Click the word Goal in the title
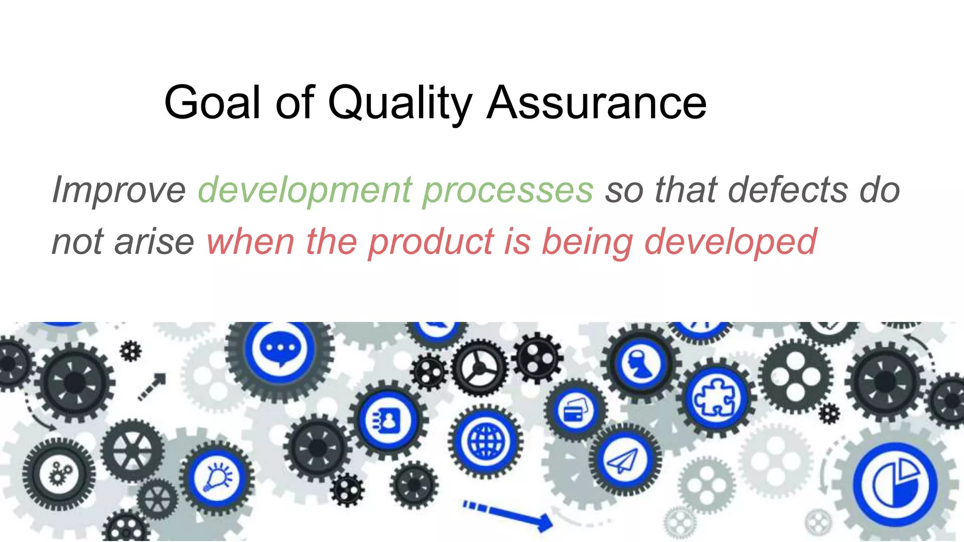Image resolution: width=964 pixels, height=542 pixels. click(x=212, y=103)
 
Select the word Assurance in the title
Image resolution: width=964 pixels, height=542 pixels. click(x=596, y=103)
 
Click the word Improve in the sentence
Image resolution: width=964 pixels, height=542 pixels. click(x=119, y=190)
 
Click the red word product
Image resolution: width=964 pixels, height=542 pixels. click(x=431, y=242)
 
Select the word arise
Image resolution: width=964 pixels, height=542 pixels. click(x=154, y=242)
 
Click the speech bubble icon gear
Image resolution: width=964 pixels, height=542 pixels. click(x=280, y=350)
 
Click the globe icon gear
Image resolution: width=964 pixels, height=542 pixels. click(x=486, y=441)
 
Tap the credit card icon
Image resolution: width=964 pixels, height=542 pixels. click(x=576, y=410)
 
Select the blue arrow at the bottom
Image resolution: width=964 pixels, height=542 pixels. click(x=508, y=515)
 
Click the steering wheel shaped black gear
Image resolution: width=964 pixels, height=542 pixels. click(x=479, y=368)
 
